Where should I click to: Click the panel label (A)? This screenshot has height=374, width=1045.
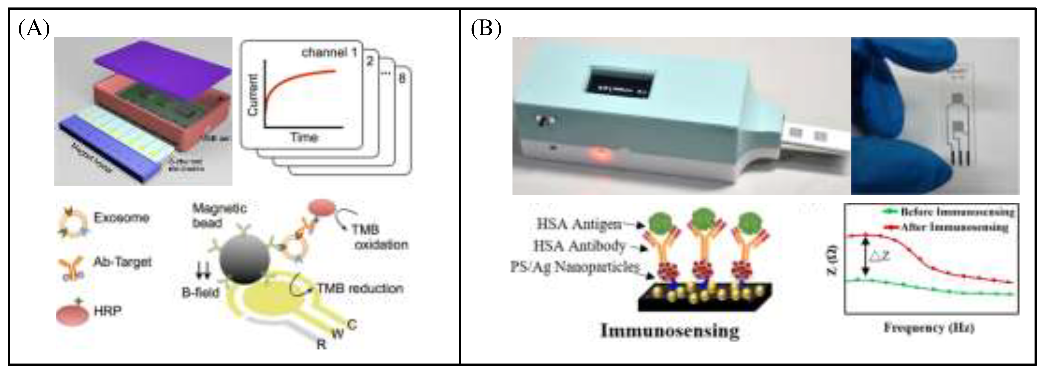(34, 29)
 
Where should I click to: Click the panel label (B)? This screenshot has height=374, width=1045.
(486, 29)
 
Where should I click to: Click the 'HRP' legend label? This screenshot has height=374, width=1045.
(108, 311)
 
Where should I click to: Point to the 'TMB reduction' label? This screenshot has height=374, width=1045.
(360, 288)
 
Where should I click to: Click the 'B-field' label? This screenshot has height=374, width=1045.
(201, 292)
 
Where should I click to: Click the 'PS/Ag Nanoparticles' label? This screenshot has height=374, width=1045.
(574, 267)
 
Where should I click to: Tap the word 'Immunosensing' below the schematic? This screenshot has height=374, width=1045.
(670, 331)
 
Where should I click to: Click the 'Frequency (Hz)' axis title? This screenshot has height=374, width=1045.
(929, 328)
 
